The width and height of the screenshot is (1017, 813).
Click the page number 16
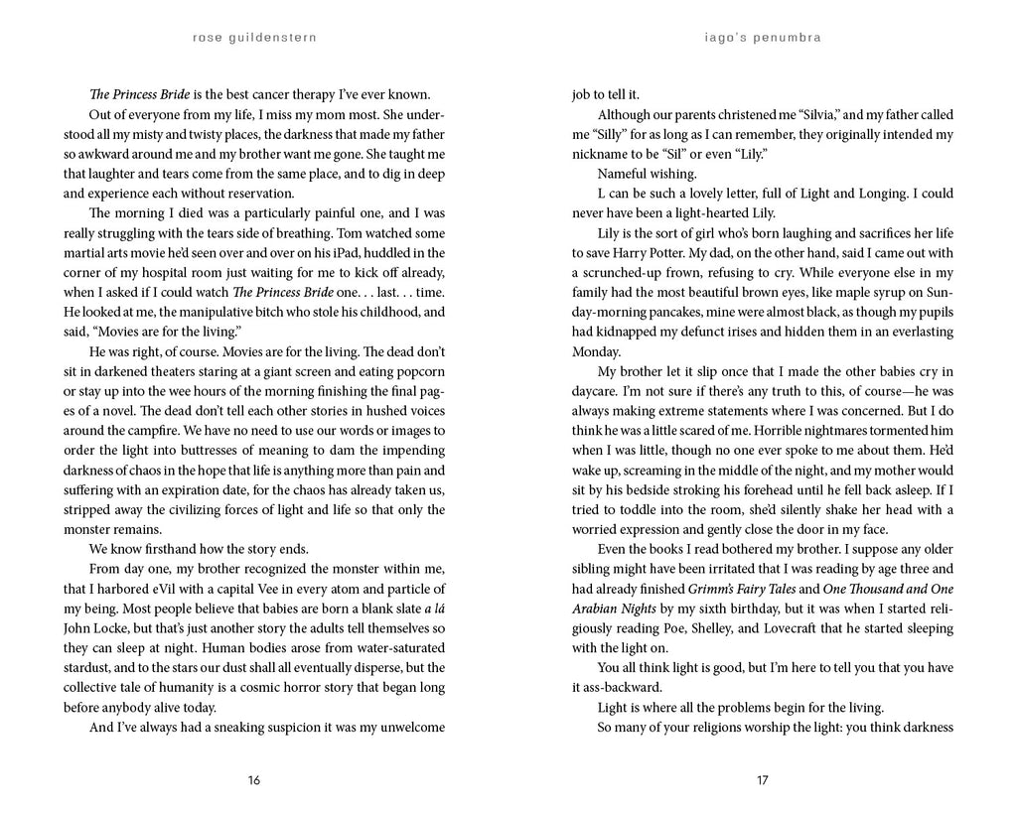coord(253,780)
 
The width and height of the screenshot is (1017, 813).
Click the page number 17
coord(762,780)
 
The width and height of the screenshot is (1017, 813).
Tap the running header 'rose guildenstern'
coord(253,41)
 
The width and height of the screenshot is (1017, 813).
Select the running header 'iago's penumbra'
coord(762,41)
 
